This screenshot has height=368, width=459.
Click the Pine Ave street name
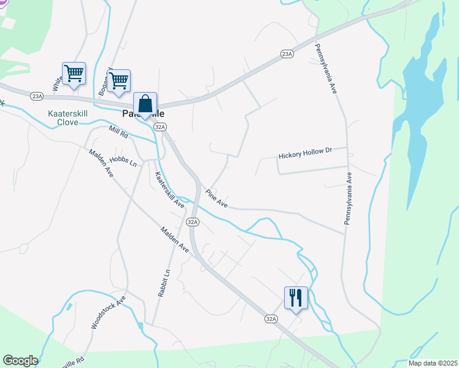[217, 198]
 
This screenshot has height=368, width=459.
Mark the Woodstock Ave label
[108, 313]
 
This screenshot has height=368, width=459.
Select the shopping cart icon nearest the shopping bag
[118, 80]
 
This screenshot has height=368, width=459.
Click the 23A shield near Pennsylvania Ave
[287, 54]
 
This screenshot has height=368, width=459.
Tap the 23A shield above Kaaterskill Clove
[37, 96]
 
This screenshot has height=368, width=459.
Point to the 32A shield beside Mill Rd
[160, 126]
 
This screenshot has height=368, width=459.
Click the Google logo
[20, 361]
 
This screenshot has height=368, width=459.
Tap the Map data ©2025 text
[433, 363]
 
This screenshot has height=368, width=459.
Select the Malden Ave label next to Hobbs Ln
[101, 164]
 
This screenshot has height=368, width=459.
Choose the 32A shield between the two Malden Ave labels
[193, 221]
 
